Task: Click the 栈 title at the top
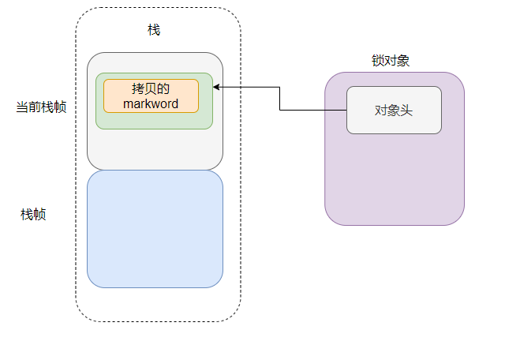point(154,29)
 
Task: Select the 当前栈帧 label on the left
point(41,107)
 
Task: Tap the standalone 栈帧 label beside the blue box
point(33,214)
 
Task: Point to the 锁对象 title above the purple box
point(390,61)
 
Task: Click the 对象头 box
point(394,110)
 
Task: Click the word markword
point(151,103)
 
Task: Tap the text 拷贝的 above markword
point(151,88)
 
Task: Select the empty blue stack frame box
point(155,229)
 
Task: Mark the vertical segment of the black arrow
point(280,98)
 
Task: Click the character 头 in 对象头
point(406,111)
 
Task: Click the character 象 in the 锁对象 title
point(402,61)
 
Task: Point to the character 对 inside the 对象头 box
point(381,111)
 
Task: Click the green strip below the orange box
point(154,121)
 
